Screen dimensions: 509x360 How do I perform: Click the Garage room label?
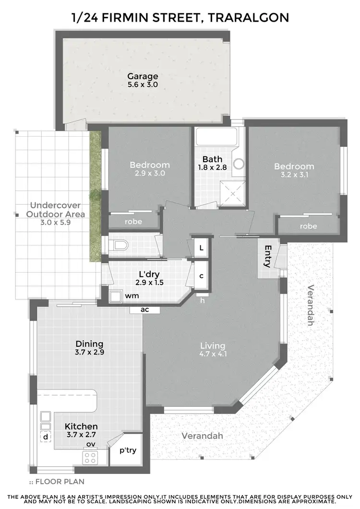(143, 76)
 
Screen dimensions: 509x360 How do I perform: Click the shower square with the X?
(233, 193)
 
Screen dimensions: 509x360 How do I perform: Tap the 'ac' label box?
(144, 309)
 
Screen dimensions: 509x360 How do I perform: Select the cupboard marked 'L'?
(202, 248)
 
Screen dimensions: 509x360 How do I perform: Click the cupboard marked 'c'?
(202, 276)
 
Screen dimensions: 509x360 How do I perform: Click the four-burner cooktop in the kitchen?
(90, 457)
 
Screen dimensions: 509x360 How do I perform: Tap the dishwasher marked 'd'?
(45, 438)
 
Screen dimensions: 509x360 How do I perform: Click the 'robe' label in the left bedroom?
(133, 222)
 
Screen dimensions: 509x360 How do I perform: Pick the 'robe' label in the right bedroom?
(308, 226)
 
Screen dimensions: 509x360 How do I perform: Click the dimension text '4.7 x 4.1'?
(213, 355)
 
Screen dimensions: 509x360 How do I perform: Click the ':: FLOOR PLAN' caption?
(50, 481)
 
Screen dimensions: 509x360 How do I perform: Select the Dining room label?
(89, 343)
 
